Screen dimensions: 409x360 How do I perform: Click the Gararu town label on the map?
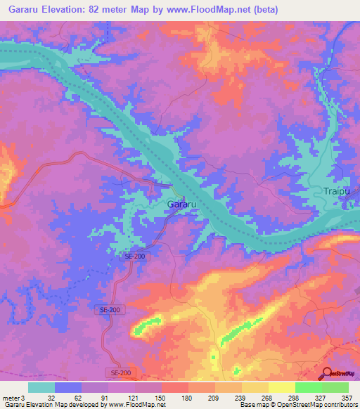[181, 204]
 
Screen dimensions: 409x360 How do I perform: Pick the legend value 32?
[51, 398]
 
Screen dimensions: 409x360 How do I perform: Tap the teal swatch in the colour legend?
[41, 387]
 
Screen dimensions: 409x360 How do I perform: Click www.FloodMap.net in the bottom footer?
[136, 405]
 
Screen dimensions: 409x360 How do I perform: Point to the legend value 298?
[295, 398]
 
